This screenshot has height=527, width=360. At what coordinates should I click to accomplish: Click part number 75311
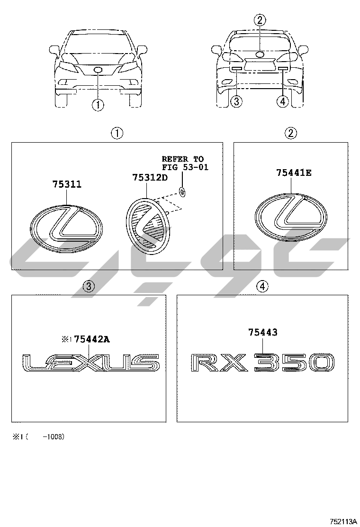(66, 184)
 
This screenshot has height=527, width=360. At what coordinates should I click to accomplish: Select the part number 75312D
(149, 177)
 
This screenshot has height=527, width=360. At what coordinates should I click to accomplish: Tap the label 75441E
(294, 173)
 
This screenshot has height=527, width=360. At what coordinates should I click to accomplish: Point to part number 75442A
(92, 339)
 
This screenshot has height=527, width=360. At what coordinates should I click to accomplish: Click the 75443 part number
(262, 332)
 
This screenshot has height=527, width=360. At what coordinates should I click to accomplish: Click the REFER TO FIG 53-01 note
(185, 163)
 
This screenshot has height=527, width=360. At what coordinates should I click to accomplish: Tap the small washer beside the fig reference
(183, 192)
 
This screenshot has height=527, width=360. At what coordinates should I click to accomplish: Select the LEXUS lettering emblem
(90, 363)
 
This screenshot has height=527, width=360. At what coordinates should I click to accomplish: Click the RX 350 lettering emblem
(262, 363)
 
